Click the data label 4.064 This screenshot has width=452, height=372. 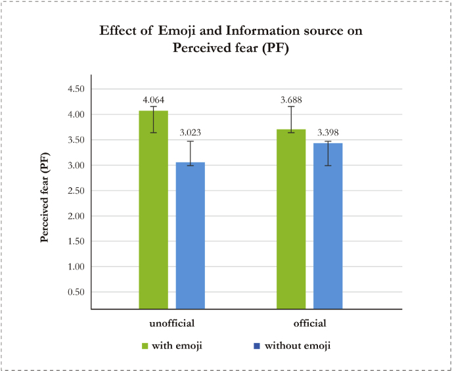pyautogui.click(x=153, y=101)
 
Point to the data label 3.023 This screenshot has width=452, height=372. pyautogui.click(x=190, y=132)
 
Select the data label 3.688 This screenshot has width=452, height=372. pyautogui.click(x=291, y=101)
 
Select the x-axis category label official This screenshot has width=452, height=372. pyautogui.click(x=309, y=323)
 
